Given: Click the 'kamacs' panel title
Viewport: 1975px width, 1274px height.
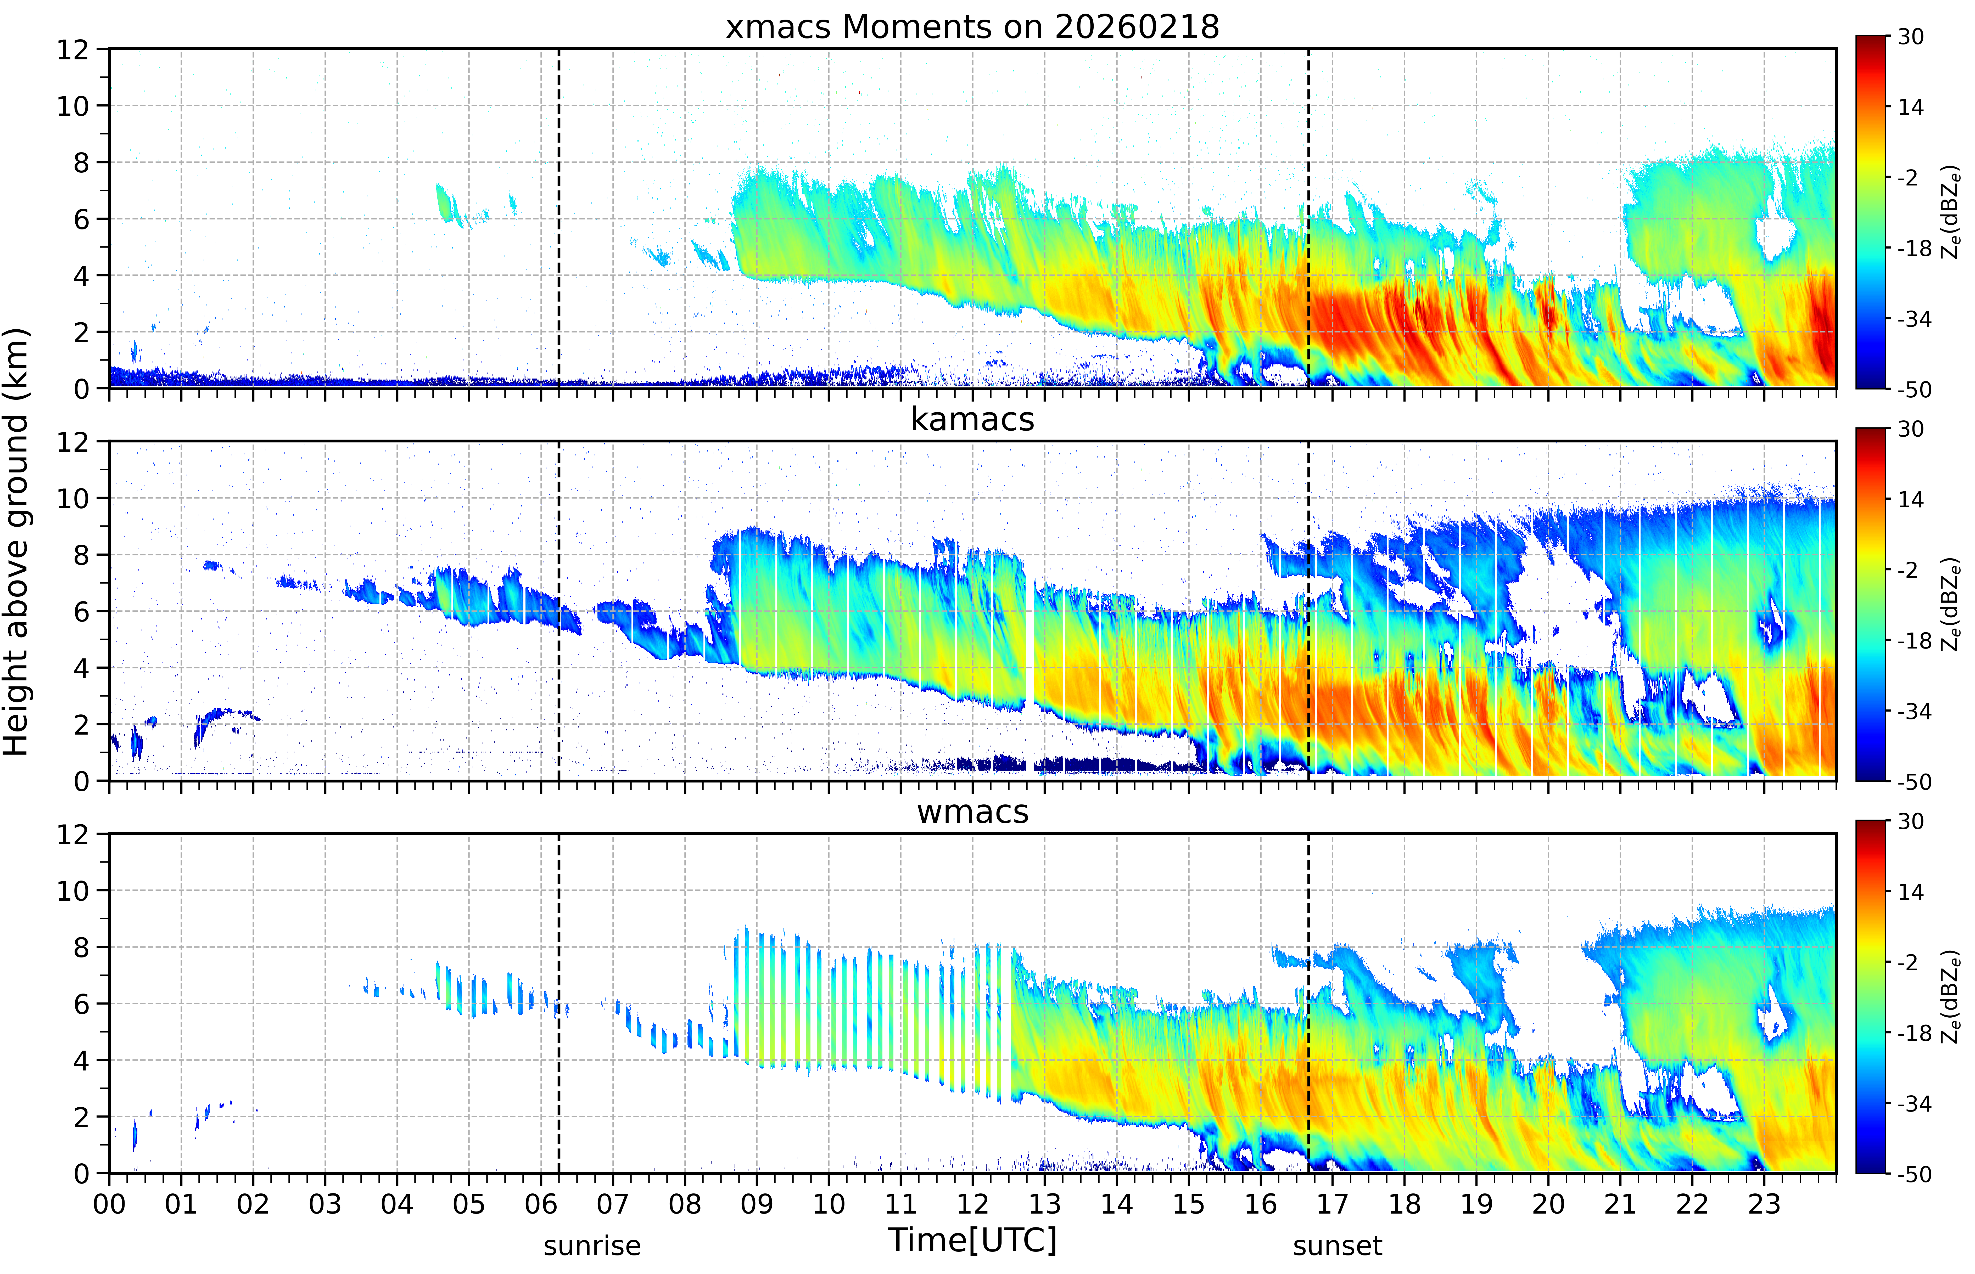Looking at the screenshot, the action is [972, 419].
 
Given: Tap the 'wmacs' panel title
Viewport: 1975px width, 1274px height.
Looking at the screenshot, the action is [972, 811].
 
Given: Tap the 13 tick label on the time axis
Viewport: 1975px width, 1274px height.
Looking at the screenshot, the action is [1044, 1204].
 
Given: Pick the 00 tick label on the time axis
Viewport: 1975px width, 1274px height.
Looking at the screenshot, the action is [109, 1204].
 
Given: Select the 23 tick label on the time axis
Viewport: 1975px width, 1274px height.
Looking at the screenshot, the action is [1764, 1204].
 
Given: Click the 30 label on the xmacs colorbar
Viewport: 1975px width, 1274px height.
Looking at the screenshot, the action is [1910, 37].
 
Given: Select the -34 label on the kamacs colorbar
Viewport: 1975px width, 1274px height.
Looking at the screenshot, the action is [1914, 712].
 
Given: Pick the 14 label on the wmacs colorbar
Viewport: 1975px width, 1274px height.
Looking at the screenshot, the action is [1910, 892].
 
